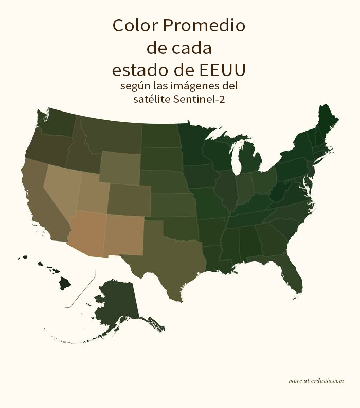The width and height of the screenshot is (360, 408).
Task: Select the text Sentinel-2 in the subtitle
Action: point(200,99)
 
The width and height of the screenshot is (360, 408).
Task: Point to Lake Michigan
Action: point(237,157)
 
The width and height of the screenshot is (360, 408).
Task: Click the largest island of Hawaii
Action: point(64,283)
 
